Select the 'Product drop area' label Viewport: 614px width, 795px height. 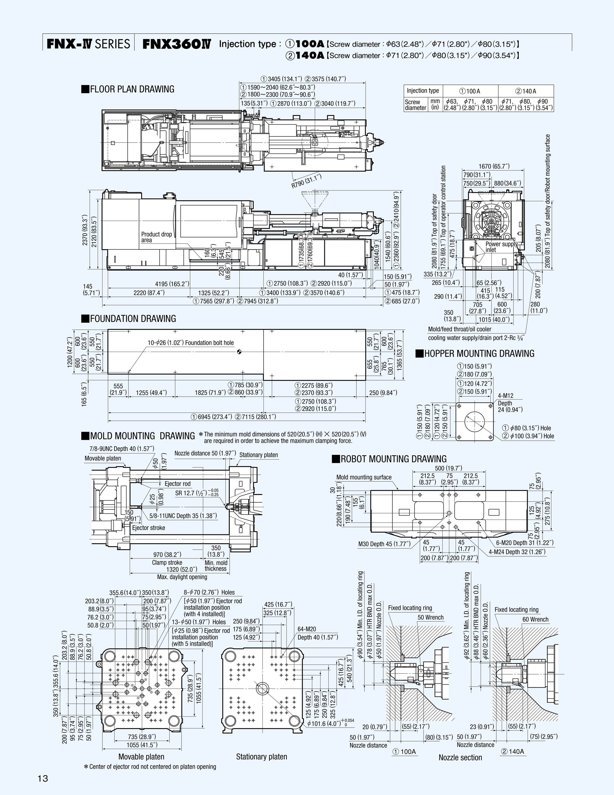pyautogui.click(x=156, y=237)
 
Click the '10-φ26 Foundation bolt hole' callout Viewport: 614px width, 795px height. pyautogui.click(x=191, y=343)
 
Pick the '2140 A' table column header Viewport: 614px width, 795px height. pyautogui.click(x=526, y=91)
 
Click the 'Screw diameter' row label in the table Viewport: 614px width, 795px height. pyautogui.click(x=415, y=105)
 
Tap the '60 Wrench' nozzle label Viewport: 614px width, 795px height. pyautogui.click(x=535, y=619)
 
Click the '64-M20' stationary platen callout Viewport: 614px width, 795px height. pyautogui.click(x=307, y=629)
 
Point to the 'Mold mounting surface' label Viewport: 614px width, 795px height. pyautogui.click(x=364, y=477)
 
